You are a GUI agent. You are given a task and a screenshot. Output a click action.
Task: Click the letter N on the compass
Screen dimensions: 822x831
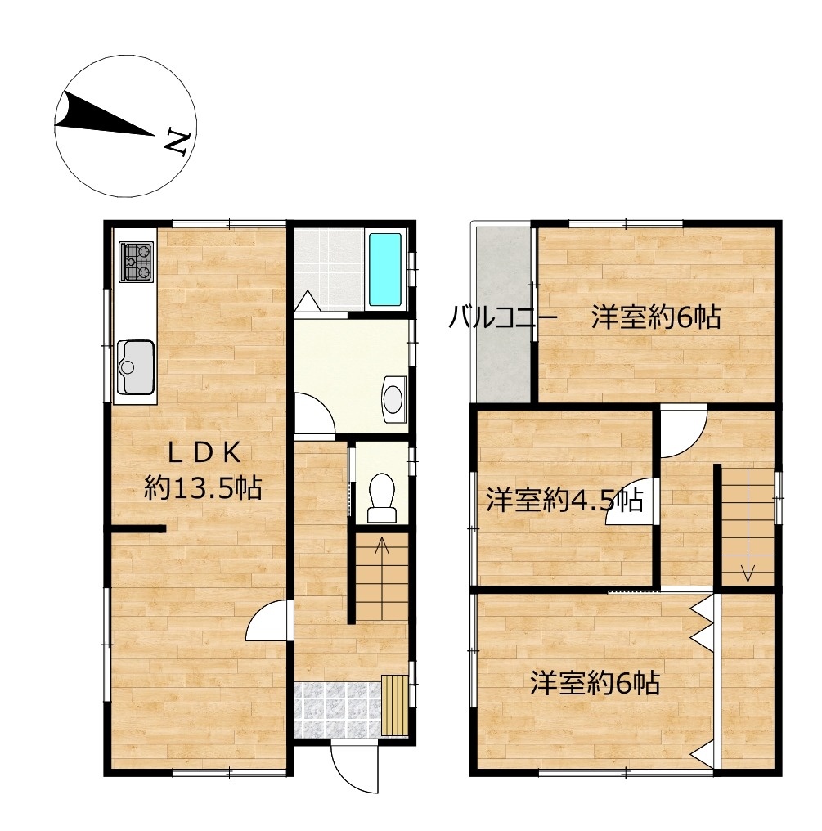point(177,142)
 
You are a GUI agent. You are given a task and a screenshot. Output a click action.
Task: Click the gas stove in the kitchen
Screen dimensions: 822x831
point(137,261)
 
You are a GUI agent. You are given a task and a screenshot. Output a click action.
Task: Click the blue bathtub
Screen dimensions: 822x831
point(384,270)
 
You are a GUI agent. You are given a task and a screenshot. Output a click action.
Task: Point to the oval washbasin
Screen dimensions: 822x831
point(393,399)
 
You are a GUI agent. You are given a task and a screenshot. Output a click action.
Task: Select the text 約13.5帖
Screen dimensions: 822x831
point(203,487)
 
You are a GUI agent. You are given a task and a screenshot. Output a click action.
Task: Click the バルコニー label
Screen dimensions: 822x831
point(503,318)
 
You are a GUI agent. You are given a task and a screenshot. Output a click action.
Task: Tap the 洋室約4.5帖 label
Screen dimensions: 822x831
point(565,500)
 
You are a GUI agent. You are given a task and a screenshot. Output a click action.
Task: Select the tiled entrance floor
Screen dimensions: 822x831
point(338,710)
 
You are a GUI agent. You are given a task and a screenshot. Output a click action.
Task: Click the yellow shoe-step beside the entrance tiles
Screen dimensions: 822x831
point(395,705)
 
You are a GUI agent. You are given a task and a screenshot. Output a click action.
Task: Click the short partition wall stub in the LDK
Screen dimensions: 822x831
point(139,528)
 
